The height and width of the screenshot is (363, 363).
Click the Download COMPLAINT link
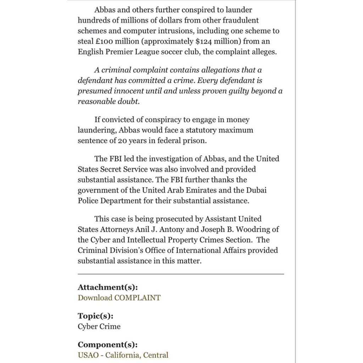click(119, 298)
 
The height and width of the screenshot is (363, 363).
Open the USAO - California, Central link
click(123, 355)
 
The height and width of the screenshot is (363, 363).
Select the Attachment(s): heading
click(108, 287)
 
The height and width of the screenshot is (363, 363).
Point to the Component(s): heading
click(107, 345)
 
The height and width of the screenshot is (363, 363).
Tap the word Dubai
click(257, 190)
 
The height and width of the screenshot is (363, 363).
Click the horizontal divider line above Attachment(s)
click(181, 274)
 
